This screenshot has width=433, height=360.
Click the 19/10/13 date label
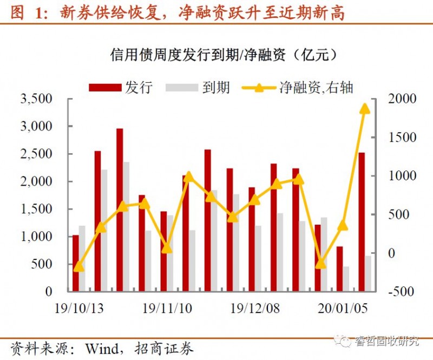(80, 308)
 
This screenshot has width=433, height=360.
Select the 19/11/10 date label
(167, 308)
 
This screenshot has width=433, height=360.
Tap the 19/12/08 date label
(255, 308)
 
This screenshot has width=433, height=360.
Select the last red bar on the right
(362, 222)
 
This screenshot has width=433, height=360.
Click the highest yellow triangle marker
(365, 109)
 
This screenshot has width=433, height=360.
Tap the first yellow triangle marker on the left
(79, 266)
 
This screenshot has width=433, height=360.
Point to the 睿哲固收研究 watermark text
(386, 341)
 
